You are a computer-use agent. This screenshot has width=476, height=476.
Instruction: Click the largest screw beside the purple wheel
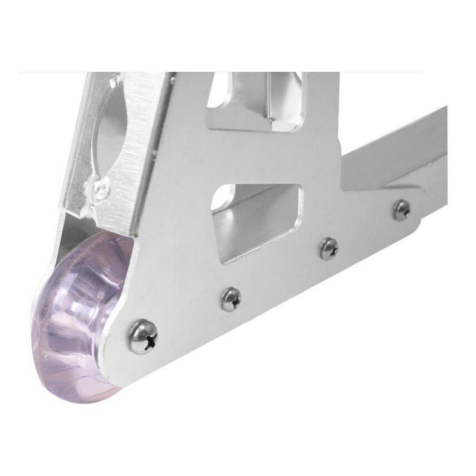(143, 336)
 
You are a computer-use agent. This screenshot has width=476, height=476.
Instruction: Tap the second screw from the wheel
(230, 299)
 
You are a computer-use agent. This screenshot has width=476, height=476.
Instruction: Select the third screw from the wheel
(328, 249)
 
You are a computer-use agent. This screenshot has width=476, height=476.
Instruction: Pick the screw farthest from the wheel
(401, 210)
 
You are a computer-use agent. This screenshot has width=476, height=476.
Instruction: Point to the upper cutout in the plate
(256, 103)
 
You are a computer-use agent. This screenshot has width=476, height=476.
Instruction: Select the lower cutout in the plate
(256, 220)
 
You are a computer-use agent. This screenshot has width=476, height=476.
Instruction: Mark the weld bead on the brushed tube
(100, 189)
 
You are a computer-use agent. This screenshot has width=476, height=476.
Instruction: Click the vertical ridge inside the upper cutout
(270, 100)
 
